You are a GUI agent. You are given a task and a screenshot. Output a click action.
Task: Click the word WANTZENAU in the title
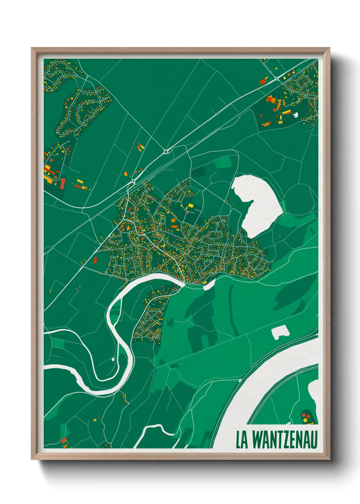(285, 440)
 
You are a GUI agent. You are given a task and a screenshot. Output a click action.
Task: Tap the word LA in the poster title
(242, 440)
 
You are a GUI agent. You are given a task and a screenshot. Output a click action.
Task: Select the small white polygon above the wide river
(280, 332)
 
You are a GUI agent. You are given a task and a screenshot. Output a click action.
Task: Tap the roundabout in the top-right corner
(277, 79)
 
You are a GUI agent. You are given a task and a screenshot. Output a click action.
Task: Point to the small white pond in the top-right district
(295, 115)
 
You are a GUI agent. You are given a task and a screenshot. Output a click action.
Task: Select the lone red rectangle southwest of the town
(95, 261)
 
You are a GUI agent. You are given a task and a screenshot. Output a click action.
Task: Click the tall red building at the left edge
(63, 183)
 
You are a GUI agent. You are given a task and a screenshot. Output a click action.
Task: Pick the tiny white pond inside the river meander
(113, 359)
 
